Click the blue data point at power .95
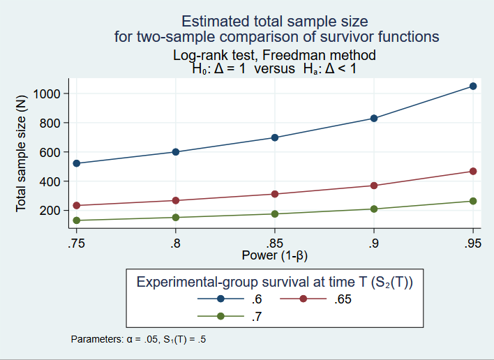[x=473, y=87]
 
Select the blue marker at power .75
[x=77, y=163]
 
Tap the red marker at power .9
[x=374, y=186]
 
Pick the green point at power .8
[x=176, y=218]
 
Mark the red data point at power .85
[x=275, y=194]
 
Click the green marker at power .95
[x=473, y=201]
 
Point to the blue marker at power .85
[x=275, y=137]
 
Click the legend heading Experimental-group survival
[x=275, y=282]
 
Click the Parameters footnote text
[x=138, y=340]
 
